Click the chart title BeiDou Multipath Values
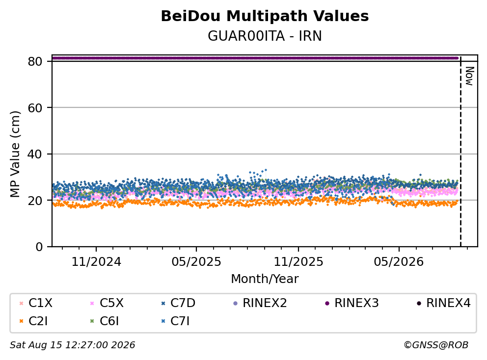click(x=265, y=16)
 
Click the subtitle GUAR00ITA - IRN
click(x=265, y=36)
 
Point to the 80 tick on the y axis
click(x=35, y=61)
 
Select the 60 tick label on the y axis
click(x=35, y=108)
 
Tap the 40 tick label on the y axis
click(x=35, y=154)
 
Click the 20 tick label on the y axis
click(x=35, y=201)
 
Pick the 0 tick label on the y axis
click(x=39, y=247)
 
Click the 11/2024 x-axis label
click(x=96, y=262)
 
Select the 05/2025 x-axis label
click(x=196, y=262)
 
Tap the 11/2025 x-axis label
click(x=298, y=262)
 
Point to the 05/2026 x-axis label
click(x=399, y=262)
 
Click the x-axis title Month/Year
click(x=265, y=279)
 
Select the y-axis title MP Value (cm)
click(x=15, y=154)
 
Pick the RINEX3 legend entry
click(x=352, y=303)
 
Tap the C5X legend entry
click(x=107, y=303)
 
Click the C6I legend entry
click(x=105, y=321)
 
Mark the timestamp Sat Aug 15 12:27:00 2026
click(x=72, y=345)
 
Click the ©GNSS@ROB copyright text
click(x=436, y=345)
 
